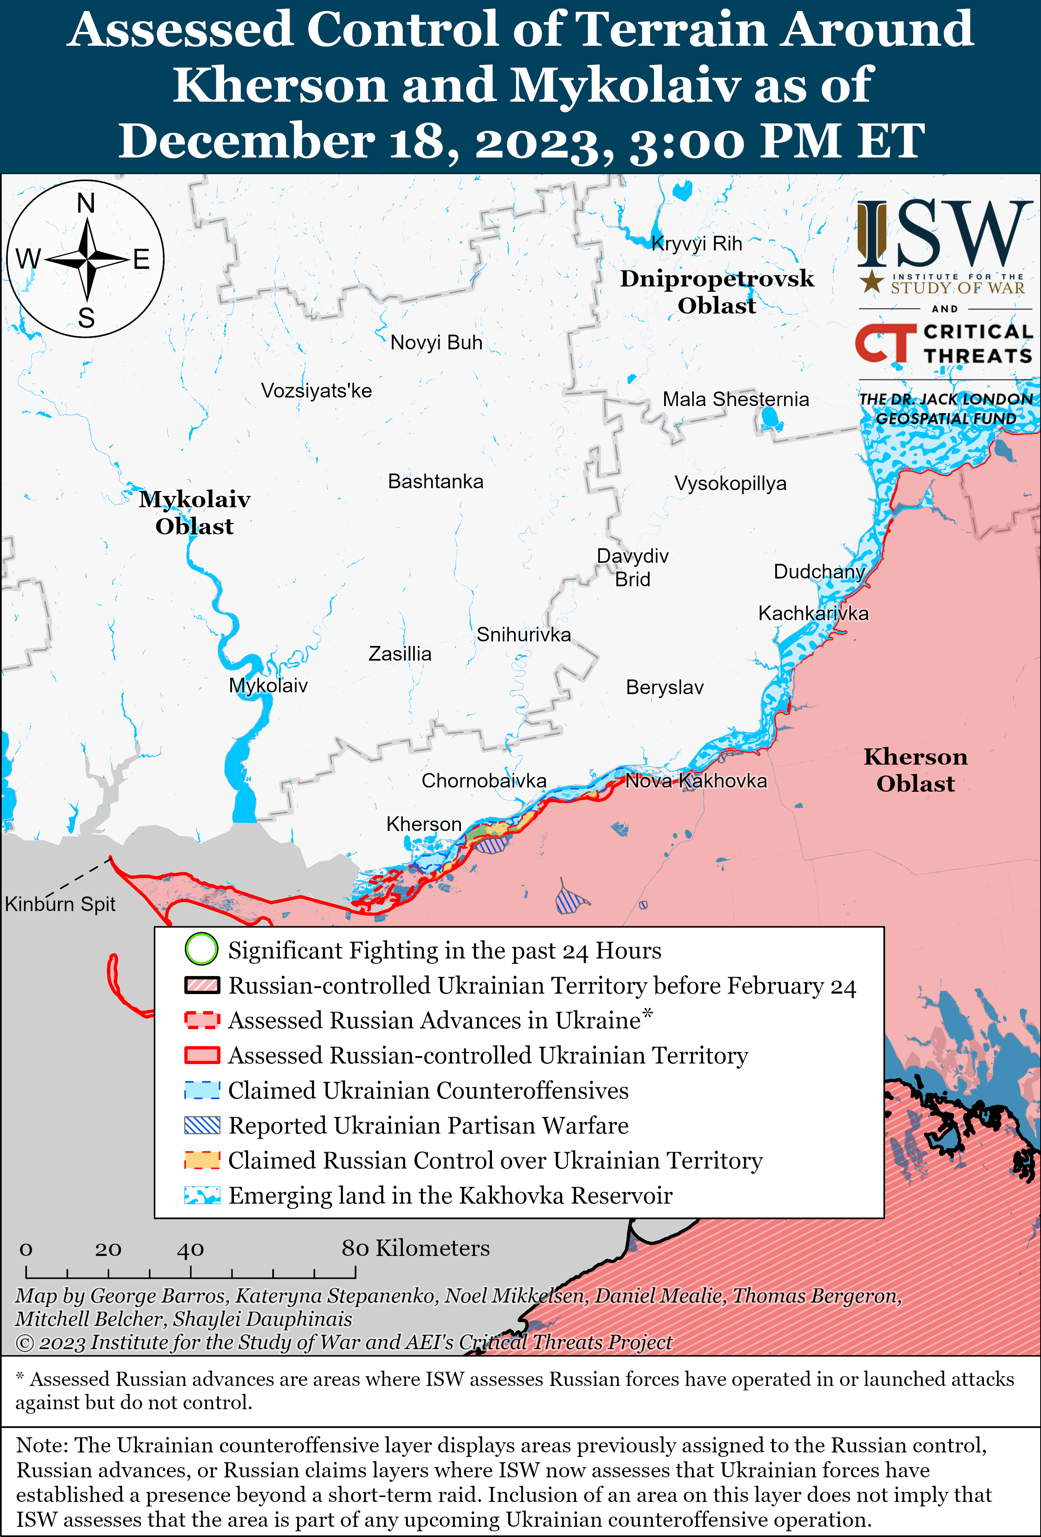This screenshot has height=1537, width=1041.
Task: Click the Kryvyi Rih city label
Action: click(x=696, y=244)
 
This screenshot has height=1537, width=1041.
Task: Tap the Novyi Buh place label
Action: click(x=436, y=343)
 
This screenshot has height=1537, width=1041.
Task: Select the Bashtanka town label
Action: click(x=436, y=481)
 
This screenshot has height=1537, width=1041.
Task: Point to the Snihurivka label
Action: click(x=523, y=635)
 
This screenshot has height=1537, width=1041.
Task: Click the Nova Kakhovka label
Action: click(x=696, y=781)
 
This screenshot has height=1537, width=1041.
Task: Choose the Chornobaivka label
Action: click(x=484, y=781)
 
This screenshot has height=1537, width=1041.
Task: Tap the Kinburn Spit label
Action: click(x=60, y=904)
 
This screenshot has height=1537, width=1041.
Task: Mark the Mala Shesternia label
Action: click(x=736, y=400)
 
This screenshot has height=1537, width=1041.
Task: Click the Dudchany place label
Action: click(x=819, y=572)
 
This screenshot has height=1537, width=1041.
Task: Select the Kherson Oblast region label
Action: click(x=915, y=770)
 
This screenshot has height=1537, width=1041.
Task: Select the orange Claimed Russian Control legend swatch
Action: click(x=202, y=1160)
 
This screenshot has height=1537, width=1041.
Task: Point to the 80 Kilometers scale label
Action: click(x=415, y=1248)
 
